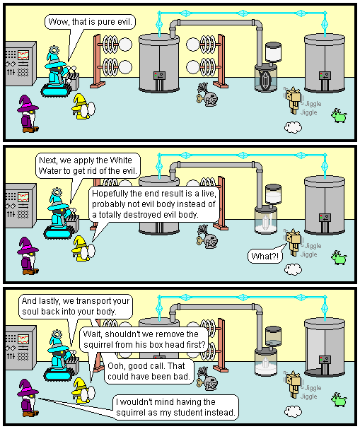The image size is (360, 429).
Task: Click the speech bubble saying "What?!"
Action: click(x=265, y=257)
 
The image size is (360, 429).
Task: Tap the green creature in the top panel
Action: click(x=339, y=115)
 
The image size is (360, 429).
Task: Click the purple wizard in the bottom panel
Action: click(x=28, y=397)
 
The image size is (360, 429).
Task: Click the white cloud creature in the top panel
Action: click(x=293, y=127)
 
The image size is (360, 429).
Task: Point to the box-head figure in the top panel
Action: click(x=294, y=100)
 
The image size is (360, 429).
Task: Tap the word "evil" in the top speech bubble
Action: click(x=124, y=22)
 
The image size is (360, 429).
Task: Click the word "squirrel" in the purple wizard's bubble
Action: click(x=130, y=412)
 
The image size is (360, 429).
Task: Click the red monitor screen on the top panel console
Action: click(x=23, y=54)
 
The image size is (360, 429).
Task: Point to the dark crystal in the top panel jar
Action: click(x=265, y=80)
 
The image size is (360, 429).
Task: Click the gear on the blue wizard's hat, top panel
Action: click(x=54, y=50)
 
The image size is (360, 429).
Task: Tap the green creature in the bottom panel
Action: click(x=339, y=399)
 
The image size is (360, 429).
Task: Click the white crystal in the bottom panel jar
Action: click(x=265, y=363)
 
